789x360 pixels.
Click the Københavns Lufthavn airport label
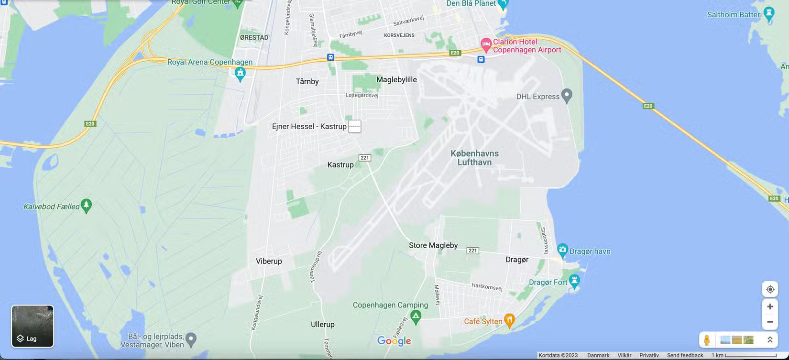pos(474,158)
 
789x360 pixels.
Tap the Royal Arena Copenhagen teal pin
pos(240,73)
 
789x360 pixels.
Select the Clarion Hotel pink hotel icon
pos(486,45)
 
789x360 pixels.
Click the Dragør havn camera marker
pos(562,250)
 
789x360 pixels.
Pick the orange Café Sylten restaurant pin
pos(510,320)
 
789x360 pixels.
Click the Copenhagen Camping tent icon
pos(416,316)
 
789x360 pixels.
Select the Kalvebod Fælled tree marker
pos(86,205)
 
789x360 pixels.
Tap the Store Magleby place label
pos(433,245)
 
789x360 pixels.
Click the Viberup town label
pos(269,261)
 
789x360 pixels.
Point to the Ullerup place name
pos(323,324)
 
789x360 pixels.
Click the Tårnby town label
pos(307,81)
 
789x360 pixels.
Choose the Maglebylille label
pos(396,79)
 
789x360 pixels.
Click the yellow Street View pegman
pos(707,340)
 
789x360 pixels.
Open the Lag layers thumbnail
pos(33,326)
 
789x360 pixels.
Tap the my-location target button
pos(770,289)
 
